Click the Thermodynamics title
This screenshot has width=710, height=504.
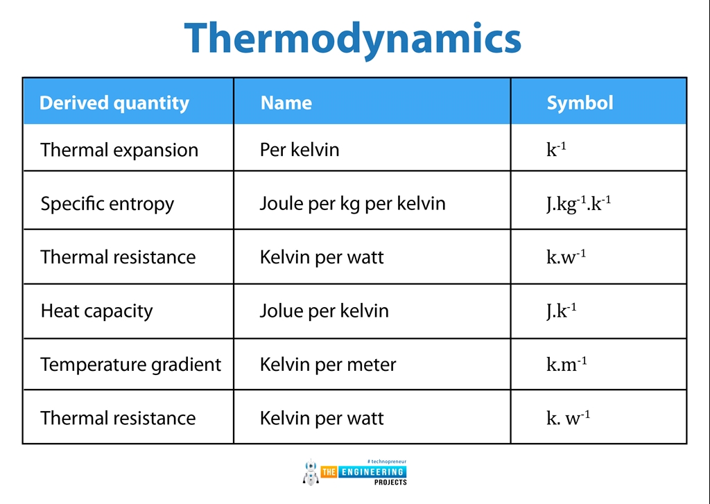coord(353,38)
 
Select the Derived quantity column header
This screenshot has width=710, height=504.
coord(114,103)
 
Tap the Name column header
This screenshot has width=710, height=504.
coord(286,103)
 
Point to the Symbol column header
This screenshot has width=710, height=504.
coord(580,103)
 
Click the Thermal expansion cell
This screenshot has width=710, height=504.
coord(119,150)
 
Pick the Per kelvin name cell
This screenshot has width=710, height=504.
coord(300,150)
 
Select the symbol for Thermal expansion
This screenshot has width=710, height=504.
coord(556,149)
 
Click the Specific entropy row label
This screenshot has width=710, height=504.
coord(107,204)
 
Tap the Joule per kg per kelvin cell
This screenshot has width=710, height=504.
coord(352,204)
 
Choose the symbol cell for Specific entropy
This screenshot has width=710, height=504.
coord(578,204)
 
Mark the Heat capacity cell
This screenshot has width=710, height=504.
coord(96,311)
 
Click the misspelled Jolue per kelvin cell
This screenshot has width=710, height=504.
coord(324,311)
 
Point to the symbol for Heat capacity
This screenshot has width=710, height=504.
coord(561,310)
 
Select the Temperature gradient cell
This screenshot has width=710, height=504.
coord(130,365)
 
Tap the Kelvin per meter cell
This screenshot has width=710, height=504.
coord(328,365)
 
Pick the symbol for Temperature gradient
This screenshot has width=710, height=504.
coord(566,364)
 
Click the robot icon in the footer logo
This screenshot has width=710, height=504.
coord(310,471)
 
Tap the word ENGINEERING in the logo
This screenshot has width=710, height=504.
coord(372,472)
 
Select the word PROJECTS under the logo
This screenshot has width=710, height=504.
coord(390,482)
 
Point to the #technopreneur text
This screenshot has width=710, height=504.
coord(386,461)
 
